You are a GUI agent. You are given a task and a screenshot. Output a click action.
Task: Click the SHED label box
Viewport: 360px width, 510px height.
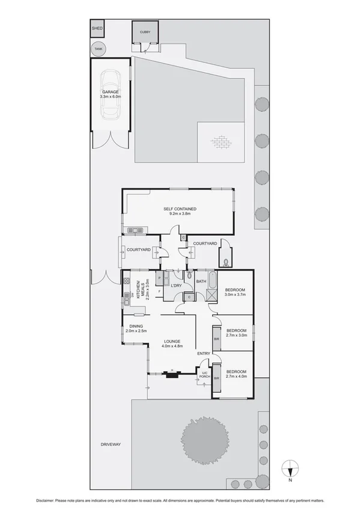coord(97,28)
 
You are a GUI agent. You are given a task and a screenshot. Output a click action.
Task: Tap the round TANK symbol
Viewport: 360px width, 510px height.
coord(97,49)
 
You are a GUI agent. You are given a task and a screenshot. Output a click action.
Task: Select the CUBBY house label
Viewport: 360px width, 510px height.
coord(145,32)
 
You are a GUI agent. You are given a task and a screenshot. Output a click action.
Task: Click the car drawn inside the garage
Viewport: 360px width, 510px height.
coord(111,93)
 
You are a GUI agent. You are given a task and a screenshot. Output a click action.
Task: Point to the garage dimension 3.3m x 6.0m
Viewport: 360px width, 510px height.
coord(111,96)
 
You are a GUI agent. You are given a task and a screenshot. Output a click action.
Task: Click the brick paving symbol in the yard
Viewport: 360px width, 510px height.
coord(221,142)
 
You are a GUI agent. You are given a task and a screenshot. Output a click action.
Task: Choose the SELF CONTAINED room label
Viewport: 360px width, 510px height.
coord(180,209)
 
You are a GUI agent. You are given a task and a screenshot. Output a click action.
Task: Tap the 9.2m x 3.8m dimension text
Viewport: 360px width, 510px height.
coord(180,215)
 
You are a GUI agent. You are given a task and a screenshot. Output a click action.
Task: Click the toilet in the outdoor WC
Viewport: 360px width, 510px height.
coord(225,261)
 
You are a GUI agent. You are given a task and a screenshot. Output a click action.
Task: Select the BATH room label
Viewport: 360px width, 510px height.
coord(201,281)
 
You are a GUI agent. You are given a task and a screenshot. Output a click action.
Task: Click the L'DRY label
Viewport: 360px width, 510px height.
coord(177,285)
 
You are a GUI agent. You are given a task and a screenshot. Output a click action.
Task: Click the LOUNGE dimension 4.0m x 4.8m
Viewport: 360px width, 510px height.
coord(171,346)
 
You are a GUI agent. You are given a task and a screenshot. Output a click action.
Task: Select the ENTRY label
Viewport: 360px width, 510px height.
coord(203,353)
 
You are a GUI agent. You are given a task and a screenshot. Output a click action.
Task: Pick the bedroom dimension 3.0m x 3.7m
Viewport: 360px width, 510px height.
coord(235,295)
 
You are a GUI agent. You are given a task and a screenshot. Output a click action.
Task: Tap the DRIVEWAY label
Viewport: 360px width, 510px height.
coord(111,444)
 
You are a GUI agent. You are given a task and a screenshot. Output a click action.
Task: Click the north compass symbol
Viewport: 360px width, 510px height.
coord(290,467)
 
